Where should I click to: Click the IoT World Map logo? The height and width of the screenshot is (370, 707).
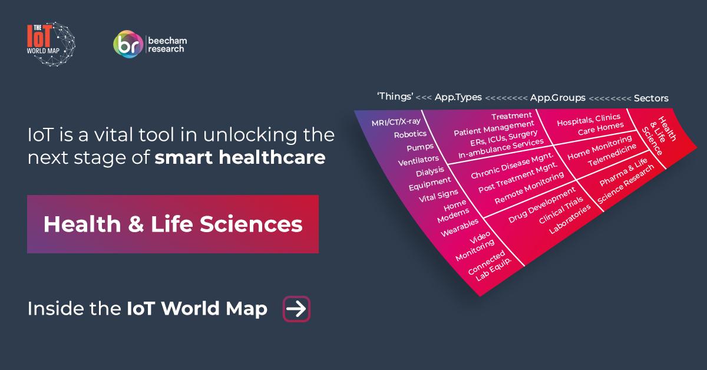click(x=51, y=44)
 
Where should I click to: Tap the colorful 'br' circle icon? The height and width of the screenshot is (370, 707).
click(x=128, y=44)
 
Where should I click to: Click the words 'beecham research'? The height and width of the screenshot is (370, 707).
click(x=167, y=45)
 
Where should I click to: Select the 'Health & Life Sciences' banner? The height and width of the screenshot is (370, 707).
click(x=173, y=224)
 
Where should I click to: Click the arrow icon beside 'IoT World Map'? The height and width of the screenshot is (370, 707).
click(x=296, y=309)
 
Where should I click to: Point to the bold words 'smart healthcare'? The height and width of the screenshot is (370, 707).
click(x=240, y=157)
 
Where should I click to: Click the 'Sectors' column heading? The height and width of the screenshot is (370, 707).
click(x=651, y=98)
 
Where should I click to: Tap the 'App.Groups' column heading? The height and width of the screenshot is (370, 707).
click(x=558, y=98)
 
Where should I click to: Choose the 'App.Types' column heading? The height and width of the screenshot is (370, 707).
click(x=458, y=97)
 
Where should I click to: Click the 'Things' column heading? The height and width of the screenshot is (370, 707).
click(x=395, y=96)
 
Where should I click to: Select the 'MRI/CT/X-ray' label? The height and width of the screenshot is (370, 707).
click(x=396, y=122)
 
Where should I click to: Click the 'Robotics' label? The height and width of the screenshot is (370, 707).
click(x=410, y=134)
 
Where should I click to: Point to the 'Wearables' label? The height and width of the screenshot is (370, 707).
click(x=460, y=227)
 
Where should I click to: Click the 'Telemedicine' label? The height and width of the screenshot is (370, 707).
click(x=612, y=155)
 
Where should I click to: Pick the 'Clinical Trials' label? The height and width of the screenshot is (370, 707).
click(x=561, y=210)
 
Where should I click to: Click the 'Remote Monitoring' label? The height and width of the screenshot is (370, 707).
click(x=529, y=187)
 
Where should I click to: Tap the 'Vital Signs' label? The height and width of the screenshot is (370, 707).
click(x=438, y=196)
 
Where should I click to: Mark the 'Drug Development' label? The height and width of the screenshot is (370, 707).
click(x=541, y=204)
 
